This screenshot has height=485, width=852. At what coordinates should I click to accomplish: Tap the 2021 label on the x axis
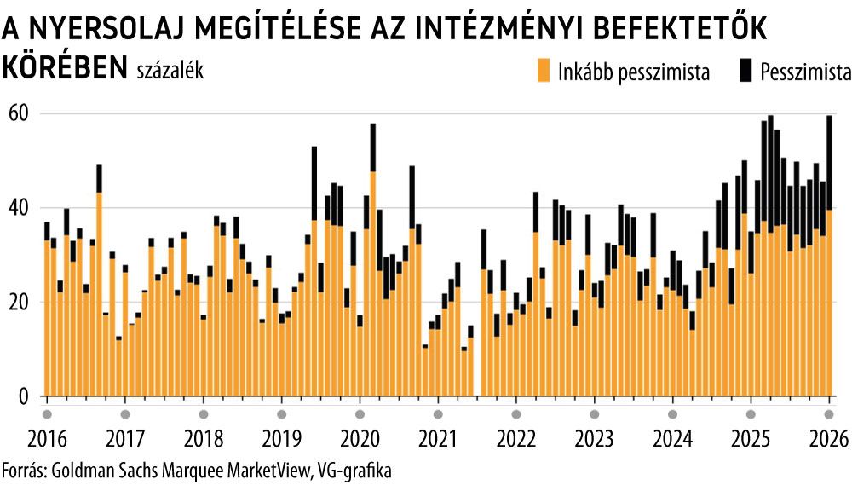click(x=437, y=439)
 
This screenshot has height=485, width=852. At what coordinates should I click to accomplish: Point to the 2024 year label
click(x=672, y=439)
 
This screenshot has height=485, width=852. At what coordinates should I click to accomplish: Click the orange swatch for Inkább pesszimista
click(x=543, y=72)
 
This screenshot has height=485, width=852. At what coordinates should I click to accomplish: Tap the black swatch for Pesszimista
click(x=745, y=72)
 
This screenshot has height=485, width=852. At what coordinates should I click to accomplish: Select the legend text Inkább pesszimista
click(x=633, y=72)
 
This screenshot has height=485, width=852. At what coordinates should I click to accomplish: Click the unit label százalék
click(x=170, y=72)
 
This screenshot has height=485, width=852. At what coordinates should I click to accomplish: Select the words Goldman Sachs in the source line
click(x=95, y=470)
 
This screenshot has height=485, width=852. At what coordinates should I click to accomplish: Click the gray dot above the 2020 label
click(x=360, y=414)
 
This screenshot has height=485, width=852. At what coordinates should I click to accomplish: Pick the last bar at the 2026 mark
click(x=829, y=256)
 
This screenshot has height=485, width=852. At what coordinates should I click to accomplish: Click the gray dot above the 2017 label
click(x=125, y=414)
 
